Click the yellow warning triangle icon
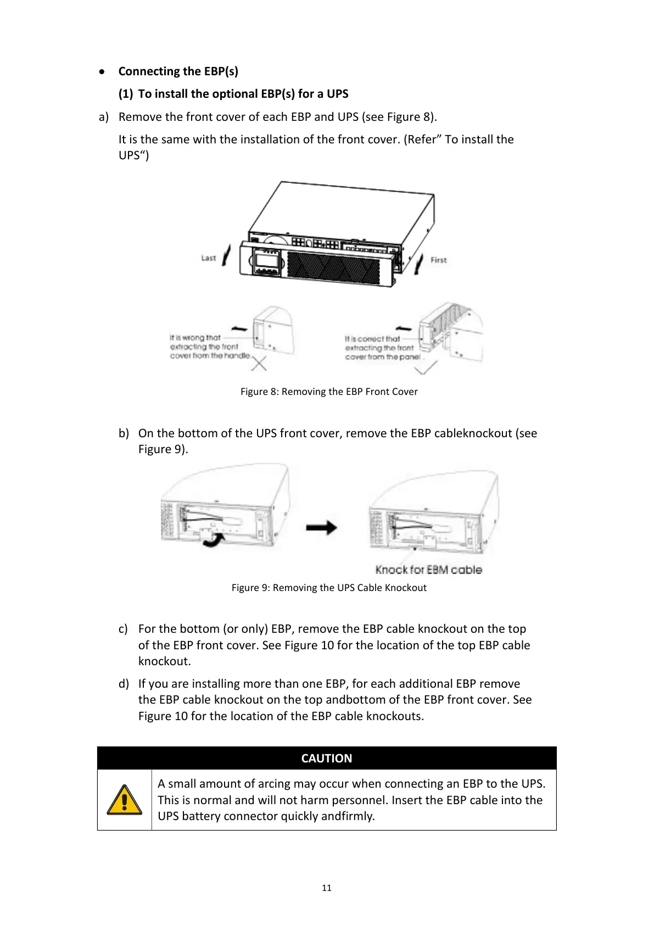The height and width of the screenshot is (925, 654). (125, 799)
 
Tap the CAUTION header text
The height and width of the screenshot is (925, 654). (327, 758)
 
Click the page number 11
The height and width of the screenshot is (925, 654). (327, 888)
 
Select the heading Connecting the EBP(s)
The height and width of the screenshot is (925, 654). (178, 71)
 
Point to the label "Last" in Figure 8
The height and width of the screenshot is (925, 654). (209, 258)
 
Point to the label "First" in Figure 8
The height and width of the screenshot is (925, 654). (438, 260)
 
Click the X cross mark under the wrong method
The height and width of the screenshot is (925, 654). (259, 363)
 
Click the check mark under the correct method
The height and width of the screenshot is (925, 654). (426, 366)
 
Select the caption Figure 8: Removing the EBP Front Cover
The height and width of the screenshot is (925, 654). (329, 392)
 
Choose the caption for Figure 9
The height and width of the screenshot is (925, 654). (329, 588)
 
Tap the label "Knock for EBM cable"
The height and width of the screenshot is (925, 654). (428, 570)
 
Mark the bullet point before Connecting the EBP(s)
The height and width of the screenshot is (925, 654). (102, 71)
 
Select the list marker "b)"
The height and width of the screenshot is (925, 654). (124, 433)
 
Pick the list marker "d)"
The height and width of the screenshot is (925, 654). (124, 684)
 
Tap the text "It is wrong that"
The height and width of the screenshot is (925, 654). (195, 338)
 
